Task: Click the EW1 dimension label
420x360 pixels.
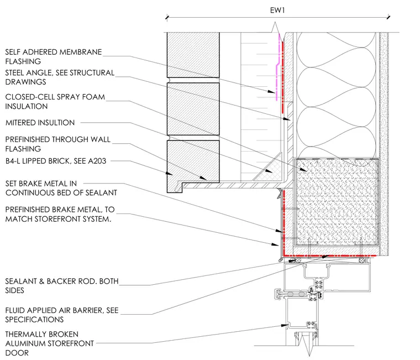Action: tap(277, 10)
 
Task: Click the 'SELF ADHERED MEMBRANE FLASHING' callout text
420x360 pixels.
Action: tap(54, 56)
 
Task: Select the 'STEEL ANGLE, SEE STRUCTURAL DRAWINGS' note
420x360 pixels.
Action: tap(60, 77)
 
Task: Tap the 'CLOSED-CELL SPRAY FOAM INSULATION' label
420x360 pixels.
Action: tap(55, 102)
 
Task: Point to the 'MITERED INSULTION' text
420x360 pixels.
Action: tap(40, 123)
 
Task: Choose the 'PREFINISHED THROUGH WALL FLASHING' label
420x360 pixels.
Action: tap(58, 144)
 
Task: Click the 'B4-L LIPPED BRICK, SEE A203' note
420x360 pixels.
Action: tap(56, 161)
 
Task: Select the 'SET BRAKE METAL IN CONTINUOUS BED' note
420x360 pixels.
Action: tap(61, 188)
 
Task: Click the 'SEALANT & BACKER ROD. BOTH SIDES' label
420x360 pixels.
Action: tap(61, 286)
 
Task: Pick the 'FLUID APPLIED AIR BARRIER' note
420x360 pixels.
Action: tap(61, 315)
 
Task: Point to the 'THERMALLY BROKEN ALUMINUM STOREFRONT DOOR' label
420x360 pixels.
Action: tap(50, 343)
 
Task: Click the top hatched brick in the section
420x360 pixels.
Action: tap(193, 55)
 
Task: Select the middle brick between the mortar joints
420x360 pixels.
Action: tap(193, 109)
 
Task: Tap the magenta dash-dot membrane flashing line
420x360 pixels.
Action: tap(277, 69)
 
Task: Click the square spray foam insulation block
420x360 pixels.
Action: tap(337, 202)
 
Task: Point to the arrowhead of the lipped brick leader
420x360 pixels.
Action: tap(169, 174)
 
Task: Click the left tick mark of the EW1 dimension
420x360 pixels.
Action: tap(167, 18)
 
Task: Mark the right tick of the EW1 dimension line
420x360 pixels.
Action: tap(389, 18)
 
